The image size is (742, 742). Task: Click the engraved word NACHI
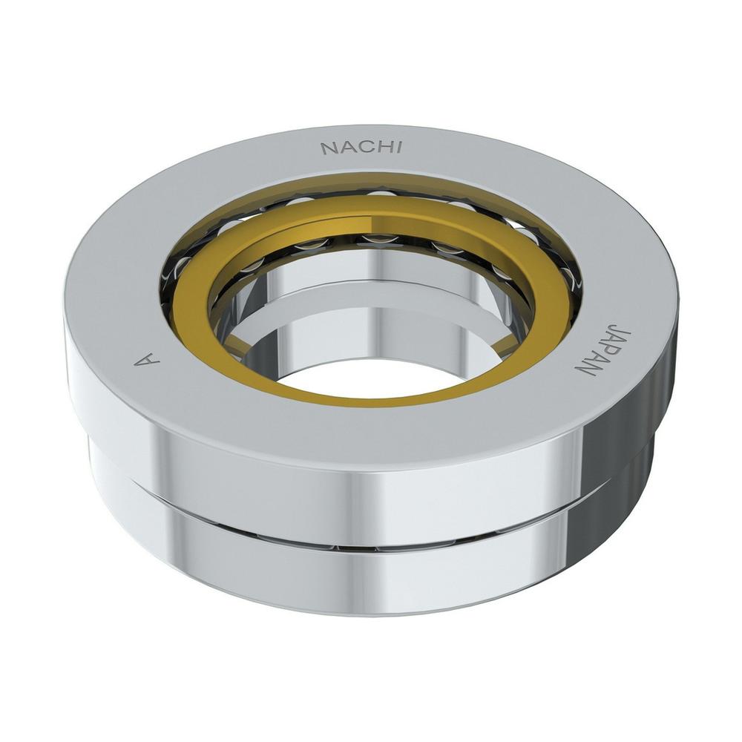point(361,148)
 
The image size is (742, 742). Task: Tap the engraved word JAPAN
point(591,349)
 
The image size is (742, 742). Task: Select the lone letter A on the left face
point(147,361)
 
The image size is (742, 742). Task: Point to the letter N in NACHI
point(329,149)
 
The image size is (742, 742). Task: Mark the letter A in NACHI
point(346,148)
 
